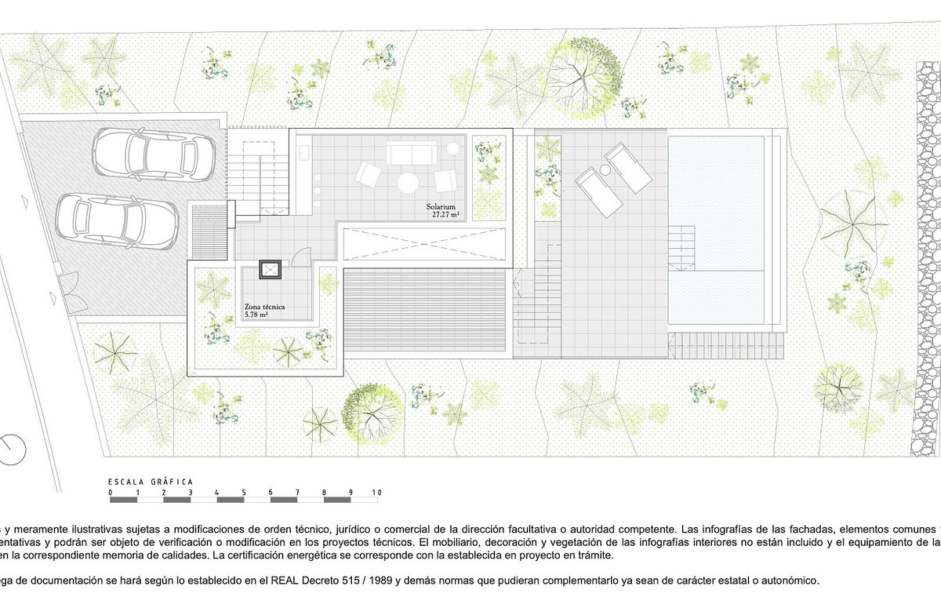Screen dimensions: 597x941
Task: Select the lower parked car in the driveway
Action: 115,220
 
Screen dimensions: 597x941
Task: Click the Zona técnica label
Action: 264,307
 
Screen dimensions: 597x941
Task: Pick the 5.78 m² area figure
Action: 256,315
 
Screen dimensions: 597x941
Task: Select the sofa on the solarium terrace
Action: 411,152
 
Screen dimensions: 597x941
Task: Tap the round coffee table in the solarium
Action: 408,183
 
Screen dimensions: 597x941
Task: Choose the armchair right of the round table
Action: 445,180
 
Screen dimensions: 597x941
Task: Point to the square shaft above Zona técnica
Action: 271,270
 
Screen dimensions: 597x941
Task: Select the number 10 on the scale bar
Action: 376,493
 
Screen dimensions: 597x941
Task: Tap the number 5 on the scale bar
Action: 244,493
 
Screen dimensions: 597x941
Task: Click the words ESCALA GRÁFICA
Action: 150,481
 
